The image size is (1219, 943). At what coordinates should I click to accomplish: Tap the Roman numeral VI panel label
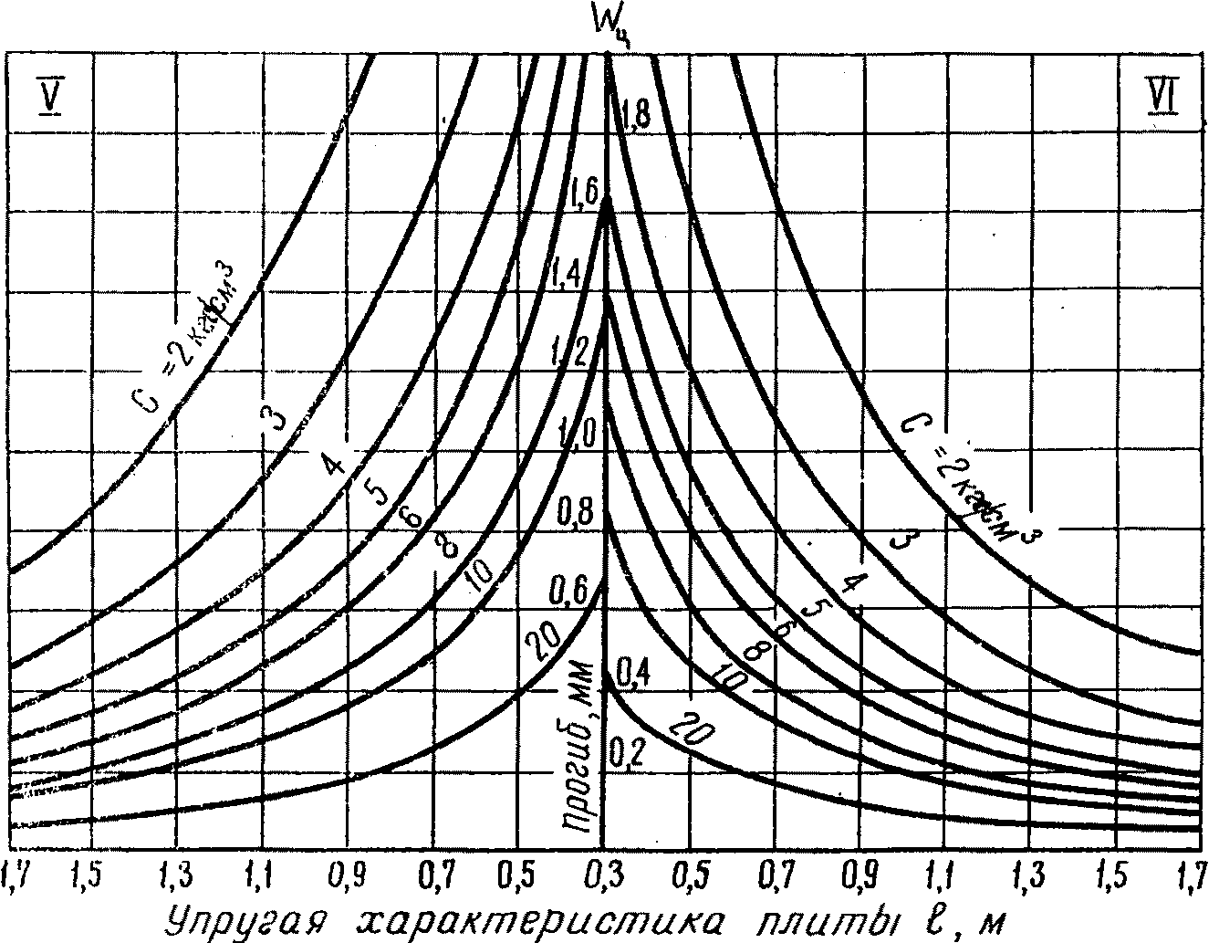1161,92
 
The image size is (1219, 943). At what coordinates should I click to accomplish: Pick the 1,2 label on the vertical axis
572,351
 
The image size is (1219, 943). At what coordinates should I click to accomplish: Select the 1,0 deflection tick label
577,431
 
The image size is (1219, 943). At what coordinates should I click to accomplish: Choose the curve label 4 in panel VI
851,584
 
